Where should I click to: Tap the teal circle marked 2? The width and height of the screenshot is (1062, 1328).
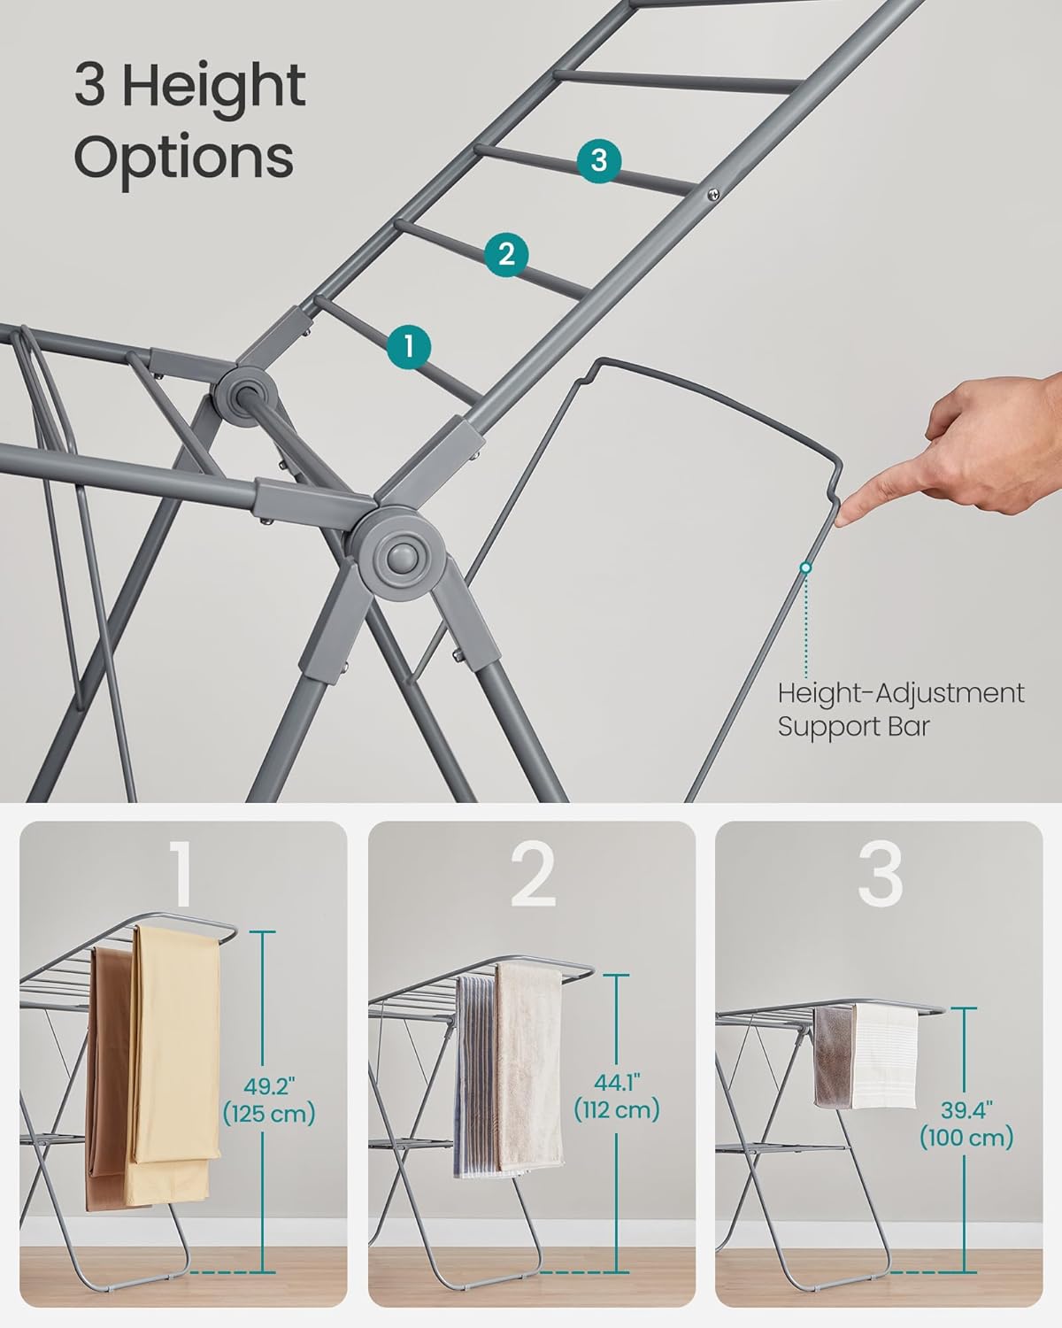(x=506, y=254)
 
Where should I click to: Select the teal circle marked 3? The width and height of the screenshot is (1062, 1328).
(x=598, y=161)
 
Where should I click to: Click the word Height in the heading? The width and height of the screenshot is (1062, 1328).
(x=213, y=87)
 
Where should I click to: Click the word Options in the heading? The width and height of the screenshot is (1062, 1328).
(x=183, y=157)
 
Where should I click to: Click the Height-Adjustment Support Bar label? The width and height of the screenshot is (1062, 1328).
(x=900, y=709)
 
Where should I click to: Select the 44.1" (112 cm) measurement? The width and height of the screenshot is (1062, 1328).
(x=616, y=1095)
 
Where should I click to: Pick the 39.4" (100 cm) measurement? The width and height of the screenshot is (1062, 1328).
(x=966, y=1123)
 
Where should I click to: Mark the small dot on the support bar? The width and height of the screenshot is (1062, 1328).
(x=805, y=567)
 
